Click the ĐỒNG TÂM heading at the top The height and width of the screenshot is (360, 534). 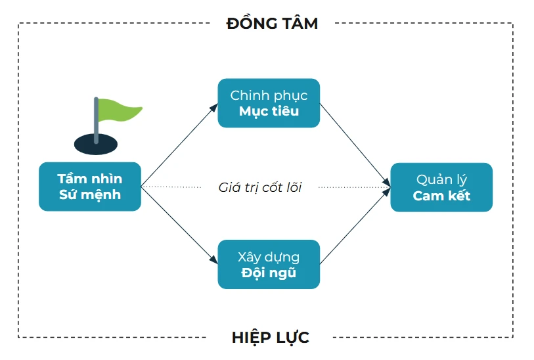click(x=272, y=24)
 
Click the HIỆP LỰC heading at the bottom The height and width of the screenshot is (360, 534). click(x=270, y=338)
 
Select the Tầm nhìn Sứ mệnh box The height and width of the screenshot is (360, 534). click(x=90, y=187)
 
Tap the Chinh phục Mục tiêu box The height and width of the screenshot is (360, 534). click(x=269, y=103)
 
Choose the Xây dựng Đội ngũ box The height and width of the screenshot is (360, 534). click(x=269, y=264)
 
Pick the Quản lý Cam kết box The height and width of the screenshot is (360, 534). click(x=441, y=187)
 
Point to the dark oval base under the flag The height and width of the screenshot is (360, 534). click(x=96, y=144)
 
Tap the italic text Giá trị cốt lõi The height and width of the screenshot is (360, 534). click(x=260, y=187)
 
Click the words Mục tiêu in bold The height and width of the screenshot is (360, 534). click(x=269, y=111)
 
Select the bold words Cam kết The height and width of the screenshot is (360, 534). click(x=441, y=196)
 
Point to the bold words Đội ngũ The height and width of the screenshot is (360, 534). click(x=269, y=273)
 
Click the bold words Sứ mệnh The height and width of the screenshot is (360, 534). click(x=90, y=195)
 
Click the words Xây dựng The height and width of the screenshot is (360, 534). click(x=269, y=256)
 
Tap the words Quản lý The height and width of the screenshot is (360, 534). click(x=441, y=179)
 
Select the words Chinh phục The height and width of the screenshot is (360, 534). click(x=269, y=95)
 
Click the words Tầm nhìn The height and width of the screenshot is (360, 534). click(x=90, y=179)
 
